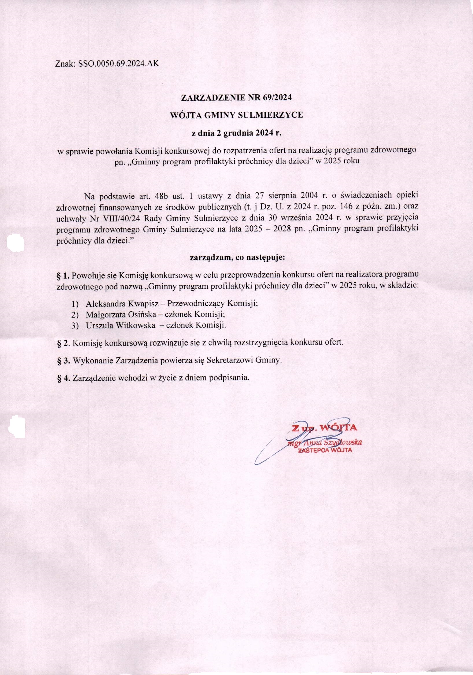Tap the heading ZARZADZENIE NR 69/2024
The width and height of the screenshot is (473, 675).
tap(236, 98)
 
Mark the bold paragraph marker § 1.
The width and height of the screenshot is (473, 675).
tap(63, 275)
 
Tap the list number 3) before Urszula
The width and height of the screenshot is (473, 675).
tap(75, 325)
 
